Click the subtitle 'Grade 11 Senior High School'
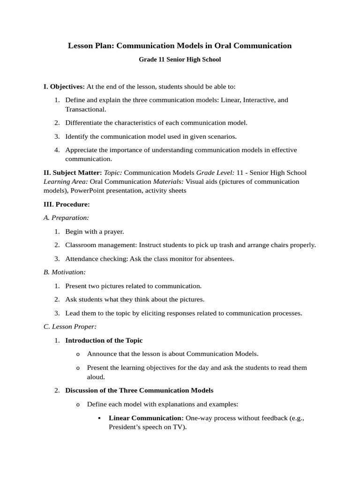tap(180, 60)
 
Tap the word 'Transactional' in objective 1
tap(85, 109)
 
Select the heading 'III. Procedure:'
tap(67, 204)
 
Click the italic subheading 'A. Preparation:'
tap(66, 217)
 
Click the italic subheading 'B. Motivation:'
tap(65, 272)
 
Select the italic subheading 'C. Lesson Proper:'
tap(70, 327)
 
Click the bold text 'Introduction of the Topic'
tap(104, 340)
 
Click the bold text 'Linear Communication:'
tap(146, 418)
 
